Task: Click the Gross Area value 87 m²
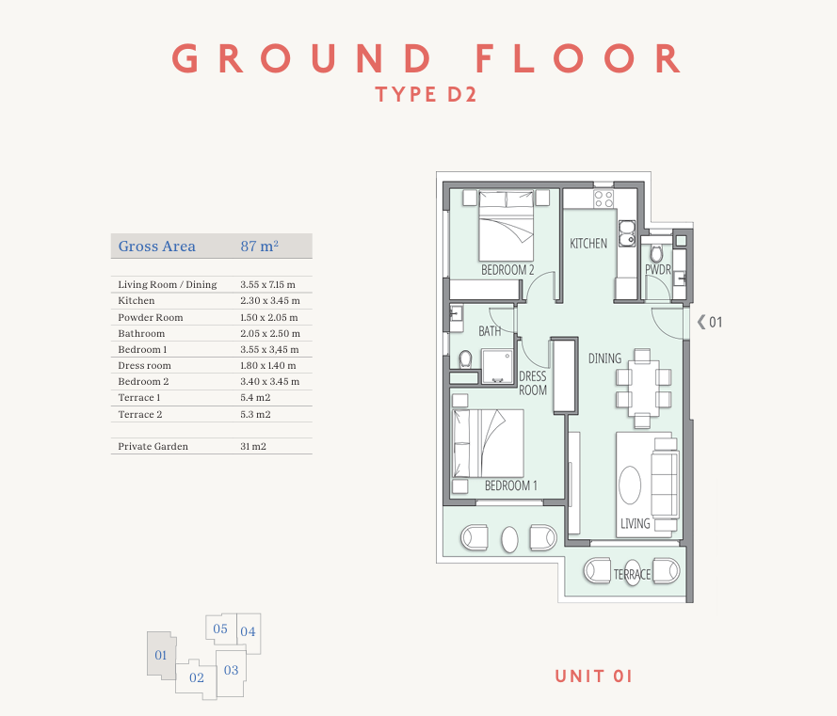click(x=260, y=246)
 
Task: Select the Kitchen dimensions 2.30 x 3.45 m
click(x=270, y=301)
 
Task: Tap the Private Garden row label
click(x=153, y=447)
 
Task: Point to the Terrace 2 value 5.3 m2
click(x=255, y=415)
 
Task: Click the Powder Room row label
click(x=151, y=317)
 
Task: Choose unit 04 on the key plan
click(x=248, y=631)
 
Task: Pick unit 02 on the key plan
click(x=197, y=677)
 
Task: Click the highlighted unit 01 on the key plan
click(x=161, y=655)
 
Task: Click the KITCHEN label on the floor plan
click(x=588, y=244)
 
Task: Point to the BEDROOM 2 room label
click(x=507, y=270)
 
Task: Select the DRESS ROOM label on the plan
click(x=533, y=383)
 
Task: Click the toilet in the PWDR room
click(x=656, y=253)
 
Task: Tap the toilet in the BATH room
click(x=465, y=359)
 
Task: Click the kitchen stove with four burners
click(x=604, y=199)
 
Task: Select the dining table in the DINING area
click(x=643, y=388)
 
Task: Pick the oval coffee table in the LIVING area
click(x=630, y=485)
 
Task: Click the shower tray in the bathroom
click(x=497, y=366)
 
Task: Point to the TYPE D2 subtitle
click(x=426, y=94)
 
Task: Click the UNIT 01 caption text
click(x=593, y=676)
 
